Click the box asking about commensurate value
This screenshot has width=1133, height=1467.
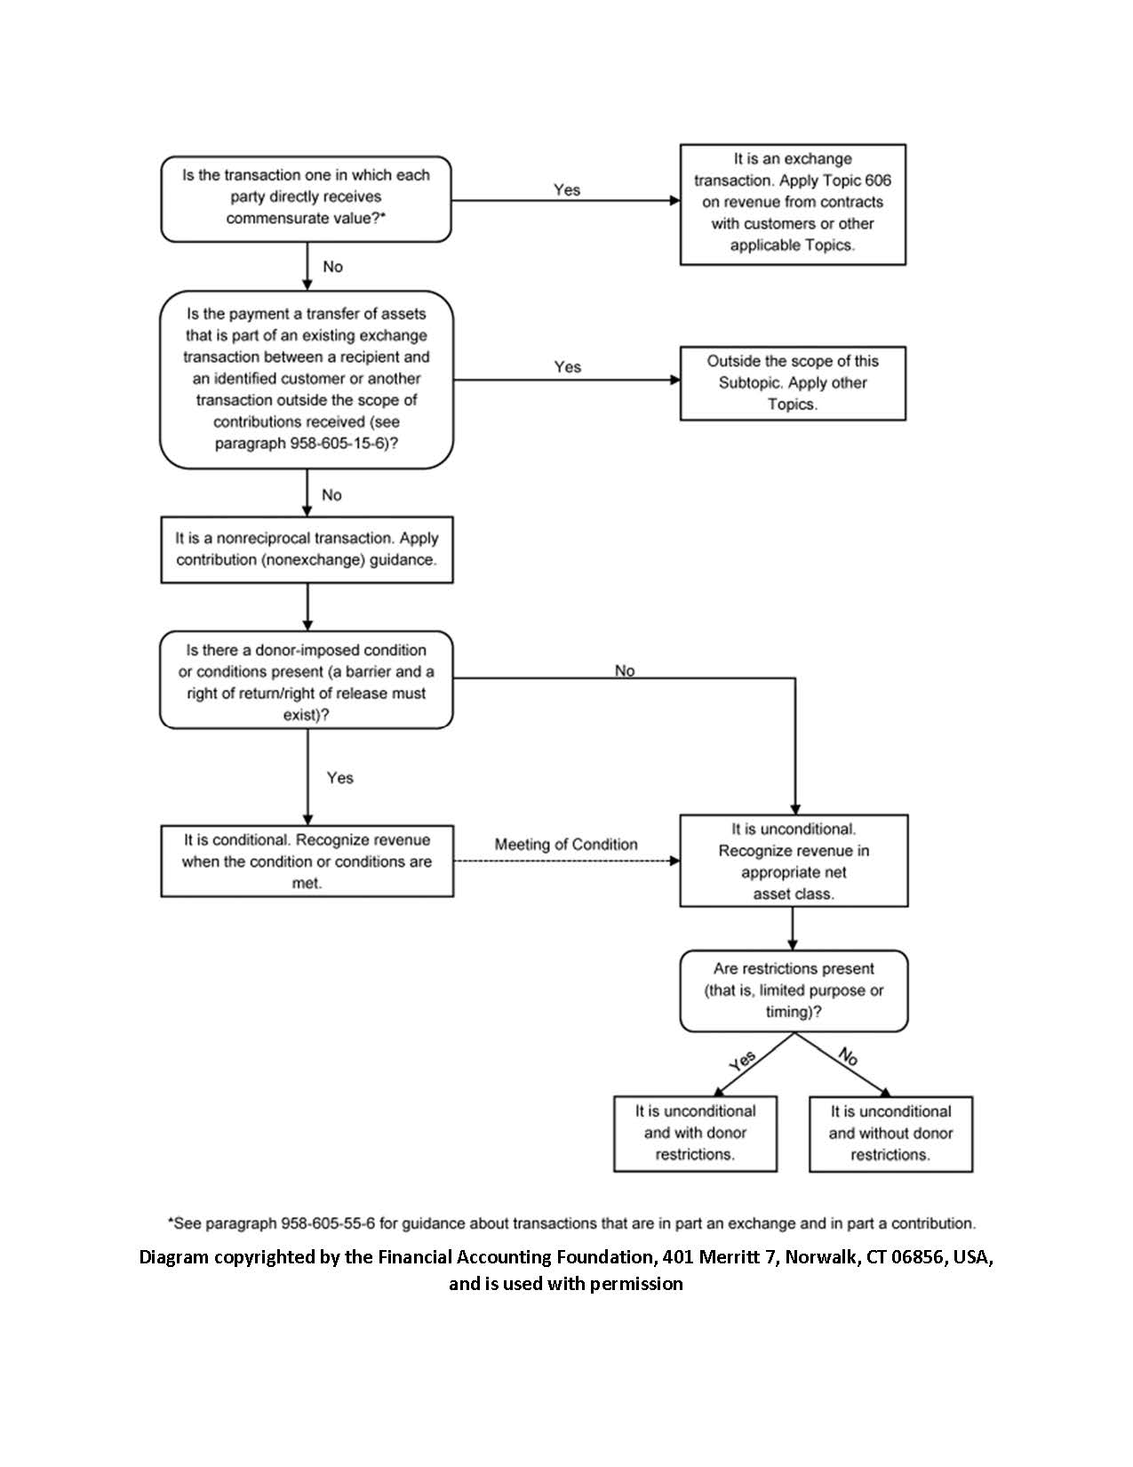pyautogui.click(x=306, y=199)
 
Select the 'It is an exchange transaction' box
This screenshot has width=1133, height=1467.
pyautogui.click(x=793, y=204)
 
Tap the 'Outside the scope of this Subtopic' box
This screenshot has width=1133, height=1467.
pyautogui.click(x=793, y=383)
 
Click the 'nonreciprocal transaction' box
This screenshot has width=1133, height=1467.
pyautogui.click(x=307, y=549)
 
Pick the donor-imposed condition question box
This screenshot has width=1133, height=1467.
pyautogui.click(x=307, y=680)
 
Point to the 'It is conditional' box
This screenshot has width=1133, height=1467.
pyautogui.click(x=307, y=861)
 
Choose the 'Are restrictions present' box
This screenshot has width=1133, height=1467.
pyautogui.click(x=794, y=991)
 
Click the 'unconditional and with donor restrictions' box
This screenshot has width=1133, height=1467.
pyautogui.click(x=695, y=1134)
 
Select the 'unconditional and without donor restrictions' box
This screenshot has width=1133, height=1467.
pyautogui.click(x=890, y=1134)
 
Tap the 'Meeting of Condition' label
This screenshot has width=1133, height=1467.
pyautogui.click(x=565, y=845)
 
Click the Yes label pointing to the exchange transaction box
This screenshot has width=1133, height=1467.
pyautogui.click(x=567, y=189)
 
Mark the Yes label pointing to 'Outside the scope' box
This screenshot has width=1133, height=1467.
pyautogui.click(x=568, y=366)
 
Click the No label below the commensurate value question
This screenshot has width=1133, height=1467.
pyautogui.click(x=332, y=267)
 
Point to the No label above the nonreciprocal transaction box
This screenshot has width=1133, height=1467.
pyautogui.click(x=331, y=495)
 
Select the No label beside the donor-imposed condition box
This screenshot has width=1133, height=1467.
pyautogui.click(x=625, y=670)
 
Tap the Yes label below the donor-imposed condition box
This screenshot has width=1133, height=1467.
pyautogui.click(x=340, y=778)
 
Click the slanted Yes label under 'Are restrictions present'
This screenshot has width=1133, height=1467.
pyautogui.click(x=742, y=1061)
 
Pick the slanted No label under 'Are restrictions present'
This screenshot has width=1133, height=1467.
pyautogui.click(x=848, y=1056)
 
